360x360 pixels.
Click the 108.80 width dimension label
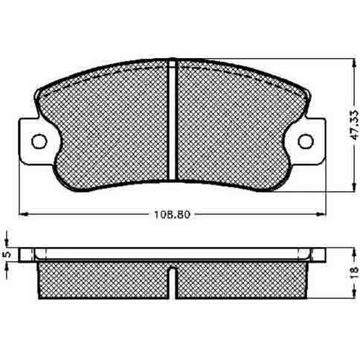[x=172, y=214]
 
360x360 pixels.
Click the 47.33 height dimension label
[x=356, y=125]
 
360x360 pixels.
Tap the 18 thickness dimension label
[x=356, y=272]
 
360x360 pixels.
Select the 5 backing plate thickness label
[x=7, y=254]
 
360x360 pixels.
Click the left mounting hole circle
[x=39, y=141]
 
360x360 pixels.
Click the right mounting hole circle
[x=306, y=141]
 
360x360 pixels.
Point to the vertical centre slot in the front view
[x=172, y=120]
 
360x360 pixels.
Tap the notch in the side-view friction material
[x=172, y=283]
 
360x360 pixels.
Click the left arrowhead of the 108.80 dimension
[x=23, y=213]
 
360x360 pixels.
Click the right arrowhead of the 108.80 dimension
[x=321, y=213]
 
